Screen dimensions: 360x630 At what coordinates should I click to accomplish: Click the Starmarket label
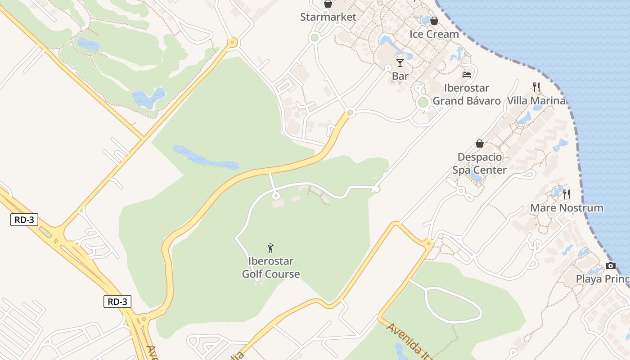[328, 17]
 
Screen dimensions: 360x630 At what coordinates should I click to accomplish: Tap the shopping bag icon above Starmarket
[328, 4]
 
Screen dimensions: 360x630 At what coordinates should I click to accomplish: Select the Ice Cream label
[434, 34]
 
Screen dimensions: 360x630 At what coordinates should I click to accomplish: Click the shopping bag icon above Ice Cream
[434, 21]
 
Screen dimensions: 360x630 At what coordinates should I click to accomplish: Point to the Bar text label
[400, 76]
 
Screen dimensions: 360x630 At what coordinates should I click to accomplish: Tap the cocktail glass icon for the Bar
[400, 63]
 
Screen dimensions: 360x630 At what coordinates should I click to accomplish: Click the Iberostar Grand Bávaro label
[467, 94]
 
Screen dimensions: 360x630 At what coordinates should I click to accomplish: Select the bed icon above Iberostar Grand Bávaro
[467, 74]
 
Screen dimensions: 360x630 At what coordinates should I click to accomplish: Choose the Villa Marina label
[536, 100]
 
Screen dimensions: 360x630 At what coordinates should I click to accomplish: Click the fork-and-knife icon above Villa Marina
[536, 87]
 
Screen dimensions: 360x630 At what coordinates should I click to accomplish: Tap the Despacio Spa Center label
[480, 163]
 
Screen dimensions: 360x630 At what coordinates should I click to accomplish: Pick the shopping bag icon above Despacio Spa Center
[480, 144]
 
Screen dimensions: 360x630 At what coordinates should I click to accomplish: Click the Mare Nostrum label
[567, 208]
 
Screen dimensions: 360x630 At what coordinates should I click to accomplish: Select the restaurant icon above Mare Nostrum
[567, 194]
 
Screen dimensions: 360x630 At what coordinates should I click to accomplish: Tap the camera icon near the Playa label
[610, 265]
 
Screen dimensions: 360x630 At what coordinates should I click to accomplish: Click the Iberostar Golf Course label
[271, 267]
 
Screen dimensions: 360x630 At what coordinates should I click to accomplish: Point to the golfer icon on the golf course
[270, 247]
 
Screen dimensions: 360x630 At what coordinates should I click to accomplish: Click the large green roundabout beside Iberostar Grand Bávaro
[423, 102]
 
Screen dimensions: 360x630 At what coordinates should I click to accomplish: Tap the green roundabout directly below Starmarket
[315, 38]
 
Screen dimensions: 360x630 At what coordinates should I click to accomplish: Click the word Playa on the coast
[589, 279]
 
